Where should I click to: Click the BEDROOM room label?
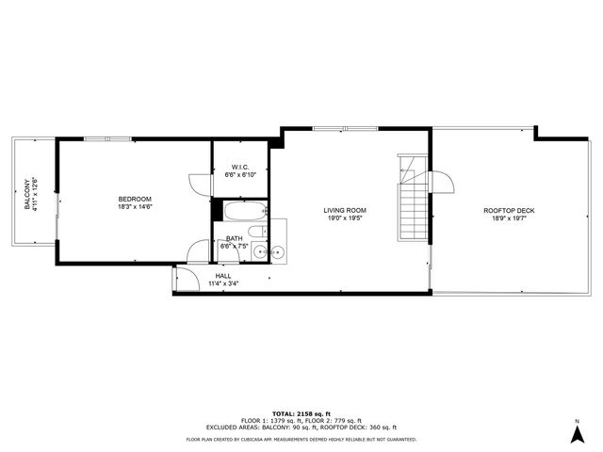[x=135, y=199]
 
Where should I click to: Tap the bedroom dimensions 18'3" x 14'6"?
[x=135, y=207]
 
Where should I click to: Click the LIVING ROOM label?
[x=345, y=210]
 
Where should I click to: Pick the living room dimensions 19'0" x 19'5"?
[x=345, y=218]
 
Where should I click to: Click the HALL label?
[x=223, y=276]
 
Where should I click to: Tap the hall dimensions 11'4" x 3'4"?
[x=223, y=283]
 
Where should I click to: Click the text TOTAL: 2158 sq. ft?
[x=301, y=413]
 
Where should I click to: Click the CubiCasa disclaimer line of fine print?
[x=301, y=439]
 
